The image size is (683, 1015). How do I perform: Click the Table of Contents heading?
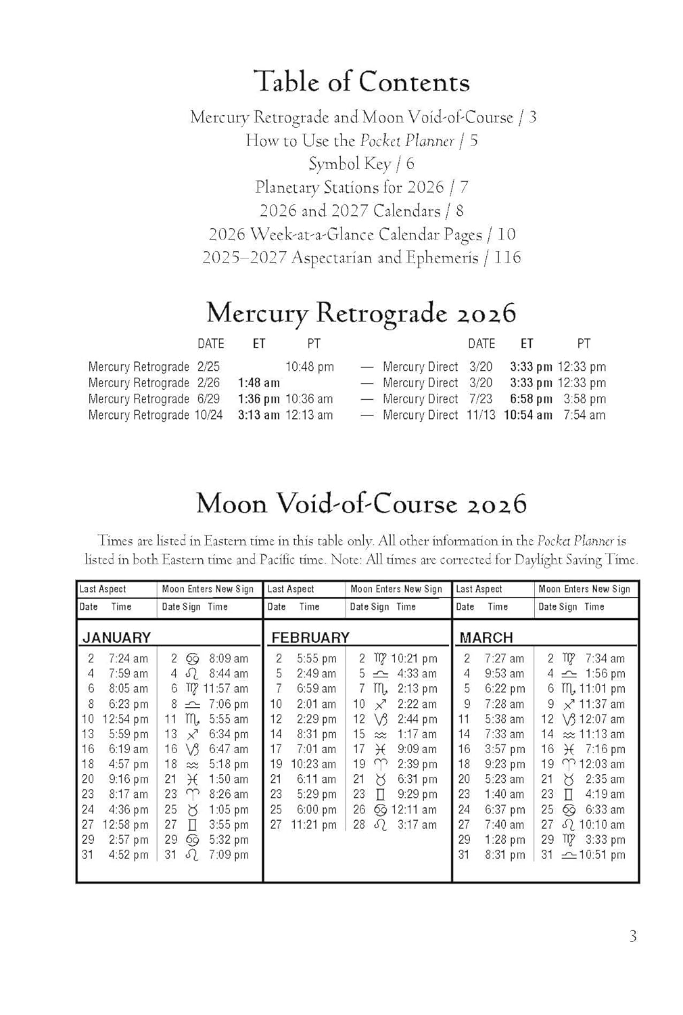[x=362, y=83]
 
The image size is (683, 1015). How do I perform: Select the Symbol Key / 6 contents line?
[x=362, y=164]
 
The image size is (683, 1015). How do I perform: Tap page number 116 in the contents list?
[x=507, y=258]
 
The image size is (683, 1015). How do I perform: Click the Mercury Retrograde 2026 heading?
[x=362, y=313]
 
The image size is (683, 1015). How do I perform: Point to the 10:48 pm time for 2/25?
[x=309, y=367]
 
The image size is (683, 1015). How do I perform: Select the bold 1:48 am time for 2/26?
[x=258, y=383]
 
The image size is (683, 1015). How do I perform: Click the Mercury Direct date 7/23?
[x=481, y=399]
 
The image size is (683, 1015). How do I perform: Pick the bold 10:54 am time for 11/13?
[x=527, y=415]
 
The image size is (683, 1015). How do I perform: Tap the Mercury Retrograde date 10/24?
[x=208, y=415]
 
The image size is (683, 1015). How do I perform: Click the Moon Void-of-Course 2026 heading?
[x=362, y=504]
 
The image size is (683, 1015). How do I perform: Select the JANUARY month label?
[x=116, y=637]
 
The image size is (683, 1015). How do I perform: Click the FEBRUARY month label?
[x=310, y=637]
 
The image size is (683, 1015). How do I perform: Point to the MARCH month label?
[x=486, y=637]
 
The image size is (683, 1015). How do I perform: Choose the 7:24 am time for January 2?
[x=128, y=658]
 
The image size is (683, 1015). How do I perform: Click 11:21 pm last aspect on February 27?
[x=313, y=825]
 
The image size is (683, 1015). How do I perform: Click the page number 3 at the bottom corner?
[x=632, y=937]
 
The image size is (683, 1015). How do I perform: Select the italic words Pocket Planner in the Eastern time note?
[x=575, y=541]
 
